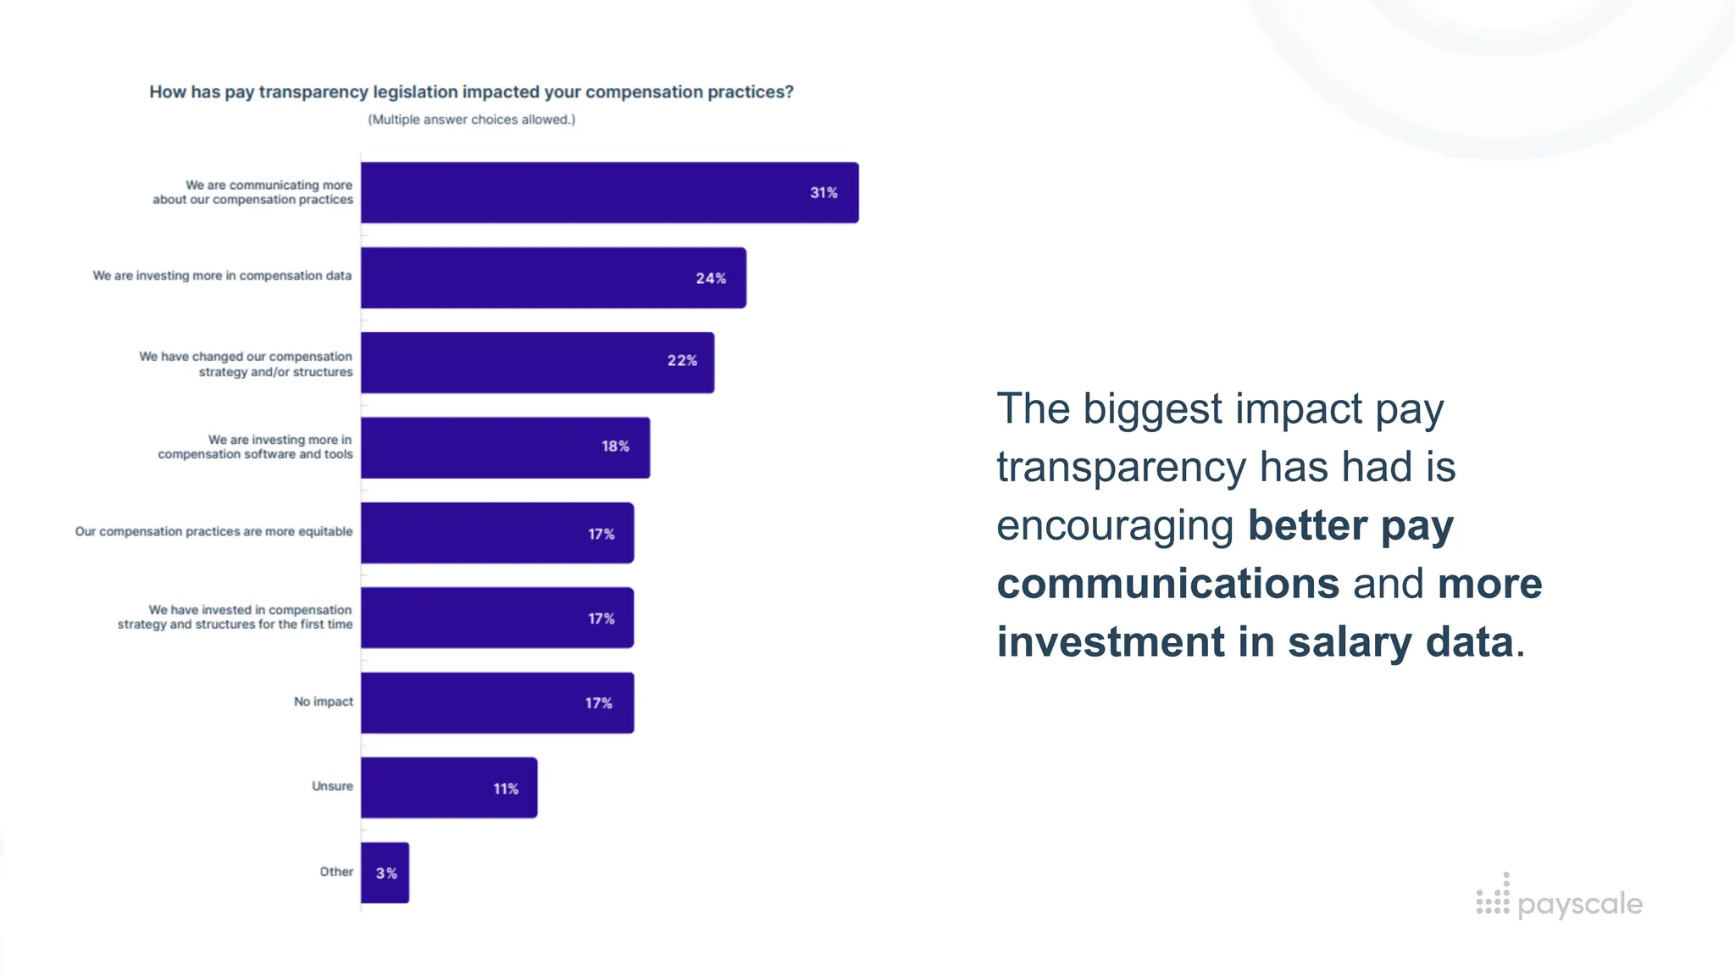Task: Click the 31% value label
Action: (x=823, y=193)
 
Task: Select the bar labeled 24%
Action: (x=552, y=278)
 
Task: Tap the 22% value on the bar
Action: (x=682, y=361)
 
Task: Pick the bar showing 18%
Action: (x=505, y=447)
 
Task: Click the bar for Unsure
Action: (x=448, y=788)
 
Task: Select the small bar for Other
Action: (x=385, y=873)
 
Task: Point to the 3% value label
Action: (x=386, y=873)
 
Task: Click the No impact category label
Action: (x=323, y=701)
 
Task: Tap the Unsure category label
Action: (x=332, y=786)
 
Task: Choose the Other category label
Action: (x=336, y=872)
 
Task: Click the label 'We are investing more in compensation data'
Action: (x=222, y=276)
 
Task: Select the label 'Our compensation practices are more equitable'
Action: (x=213, y=531)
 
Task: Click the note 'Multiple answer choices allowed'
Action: (x=471, y=119)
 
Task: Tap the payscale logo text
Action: (x=1579, y=905)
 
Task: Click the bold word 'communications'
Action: (x=1167, y=584)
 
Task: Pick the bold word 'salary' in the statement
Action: (x=1350, y=642)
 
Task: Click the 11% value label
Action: (x=506, y=789)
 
